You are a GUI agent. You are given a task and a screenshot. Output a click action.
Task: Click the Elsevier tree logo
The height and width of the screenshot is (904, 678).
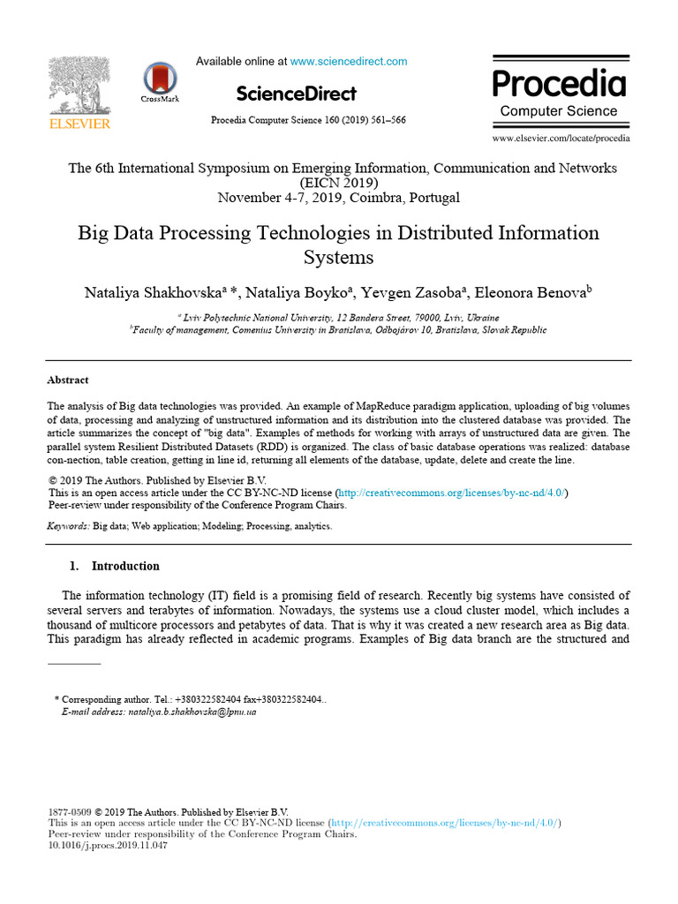pos(79,86)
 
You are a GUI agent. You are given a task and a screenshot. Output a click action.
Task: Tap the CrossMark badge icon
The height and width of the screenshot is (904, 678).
pos(160,79)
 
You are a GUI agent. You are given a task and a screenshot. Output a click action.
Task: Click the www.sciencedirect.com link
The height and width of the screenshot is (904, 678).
pos(349,61)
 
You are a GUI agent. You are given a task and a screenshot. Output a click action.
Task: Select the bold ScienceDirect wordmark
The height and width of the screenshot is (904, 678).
pos(297,94)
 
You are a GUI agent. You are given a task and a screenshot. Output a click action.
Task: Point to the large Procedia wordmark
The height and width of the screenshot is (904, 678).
pos(559,84)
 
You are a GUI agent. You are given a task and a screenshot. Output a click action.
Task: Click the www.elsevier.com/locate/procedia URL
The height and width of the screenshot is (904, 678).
pos(561,139)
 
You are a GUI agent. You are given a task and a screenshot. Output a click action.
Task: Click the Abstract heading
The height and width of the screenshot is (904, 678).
pos(68,380)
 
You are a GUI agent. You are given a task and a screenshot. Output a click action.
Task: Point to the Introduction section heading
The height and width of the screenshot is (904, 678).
pos(125,566)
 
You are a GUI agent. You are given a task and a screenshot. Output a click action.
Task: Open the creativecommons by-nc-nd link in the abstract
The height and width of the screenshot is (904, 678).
pos(452,493)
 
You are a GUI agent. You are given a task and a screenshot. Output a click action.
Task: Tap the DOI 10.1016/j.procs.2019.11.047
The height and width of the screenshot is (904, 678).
pos(107,846)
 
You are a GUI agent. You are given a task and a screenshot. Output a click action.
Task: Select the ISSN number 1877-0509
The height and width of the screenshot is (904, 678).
pos(69,812)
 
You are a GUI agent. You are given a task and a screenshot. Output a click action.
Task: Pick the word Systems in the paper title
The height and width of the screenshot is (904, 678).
pos(339,258)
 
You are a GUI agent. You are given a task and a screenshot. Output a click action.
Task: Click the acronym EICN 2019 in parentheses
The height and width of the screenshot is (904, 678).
pos(339,183)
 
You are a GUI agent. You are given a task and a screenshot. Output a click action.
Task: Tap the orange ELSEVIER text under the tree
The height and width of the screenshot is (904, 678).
pos(79,124)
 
